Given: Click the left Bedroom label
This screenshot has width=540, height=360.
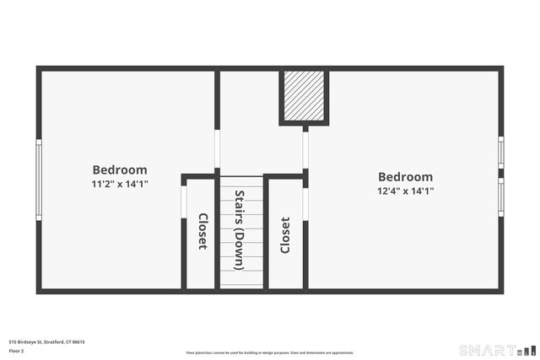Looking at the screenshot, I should pyautogui.click(x=120, y=169).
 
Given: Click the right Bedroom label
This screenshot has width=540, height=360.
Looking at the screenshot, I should pyautogui.click(x=405, y=177).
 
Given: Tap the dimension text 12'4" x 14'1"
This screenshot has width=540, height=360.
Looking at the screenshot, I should pyautogui.click(x=405, y=191).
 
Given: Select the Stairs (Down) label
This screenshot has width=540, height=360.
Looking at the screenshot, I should pyautogui.click(x=240, y=230).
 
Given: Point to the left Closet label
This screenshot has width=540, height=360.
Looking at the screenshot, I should pyautogui.click(x=202, y=231).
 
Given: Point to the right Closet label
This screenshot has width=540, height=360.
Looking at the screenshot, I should pyautogui.click(x=285, y=235).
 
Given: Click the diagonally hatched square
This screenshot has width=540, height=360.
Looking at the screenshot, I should pyautogui.click(x=304, y=96).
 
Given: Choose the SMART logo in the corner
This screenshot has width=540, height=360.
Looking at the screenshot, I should pyautogui.click(x=496, y=350).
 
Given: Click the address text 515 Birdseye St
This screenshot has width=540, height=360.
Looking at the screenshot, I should pyautogui.click(x=46, y=341).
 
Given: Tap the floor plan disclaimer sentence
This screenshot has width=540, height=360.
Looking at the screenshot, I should pyautogui.click(x=270, y=352).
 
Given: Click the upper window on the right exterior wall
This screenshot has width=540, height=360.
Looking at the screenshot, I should pyautogui.click(x=500, y=153).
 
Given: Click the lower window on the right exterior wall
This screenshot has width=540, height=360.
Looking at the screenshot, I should pyautogui.click(x=500, y=196).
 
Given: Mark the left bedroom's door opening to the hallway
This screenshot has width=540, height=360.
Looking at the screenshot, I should pyautogui.click(x=217, y=148).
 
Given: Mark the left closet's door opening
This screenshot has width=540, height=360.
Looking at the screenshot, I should pyautogui.click(x=184, y=201).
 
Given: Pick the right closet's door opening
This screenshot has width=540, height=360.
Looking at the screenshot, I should pyautogui.click(x=305, y=203).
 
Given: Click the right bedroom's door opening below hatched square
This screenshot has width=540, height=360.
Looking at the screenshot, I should pyautogui.click(x=305, y=149).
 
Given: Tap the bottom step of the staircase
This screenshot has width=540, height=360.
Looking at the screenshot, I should pyautogui.click(x=242, y=284).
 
